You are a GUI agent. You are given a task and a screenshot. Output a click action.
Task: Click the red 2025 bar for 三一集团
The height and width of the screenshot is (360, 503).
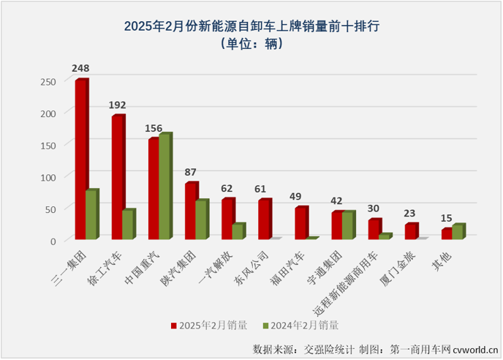coord(80,160)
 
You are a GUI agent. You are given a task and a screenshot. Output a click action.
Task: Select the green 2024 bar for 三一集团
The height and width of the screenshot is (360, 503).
coord(91,215)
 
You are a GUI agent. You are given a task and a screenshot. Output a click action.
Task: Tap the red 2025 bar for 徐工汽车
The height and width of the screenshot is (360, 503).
coord(117,178)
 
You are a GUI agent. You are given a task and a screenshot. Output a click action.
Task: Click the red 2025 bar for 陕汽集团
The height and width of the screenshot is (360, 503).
coord(190,211)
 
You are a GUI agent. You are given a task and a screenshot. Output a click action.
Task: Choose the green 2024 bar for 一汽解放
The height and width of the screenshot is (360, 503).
coord(238,231)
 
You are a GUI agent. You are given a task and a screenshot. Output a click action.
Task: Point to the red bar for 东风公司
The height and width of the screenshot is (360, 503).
coord(263,219)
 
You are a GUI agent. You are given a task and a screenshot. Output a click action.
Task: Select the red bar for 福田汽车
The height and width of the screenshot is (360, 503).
coord(300,223)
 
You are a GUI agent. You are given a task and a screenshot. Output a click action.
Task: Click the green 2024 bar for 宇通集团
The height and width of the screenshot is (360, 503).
coord(347,225)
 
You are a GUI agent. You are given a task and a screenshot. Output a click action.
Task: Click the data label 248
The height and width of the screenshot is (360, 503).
coord(80,68)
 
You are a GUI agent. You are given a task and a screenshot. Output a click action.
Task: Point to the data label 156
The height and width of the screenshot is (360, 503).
coord(154,128)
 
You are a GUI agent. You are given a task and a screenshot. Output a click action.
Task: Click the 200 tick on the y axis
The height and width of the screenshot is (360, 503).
coord(47,113)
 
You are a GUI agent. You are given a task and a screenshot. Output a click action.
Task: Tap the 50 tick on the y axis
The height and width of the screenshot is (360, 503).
coord(50,209)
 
